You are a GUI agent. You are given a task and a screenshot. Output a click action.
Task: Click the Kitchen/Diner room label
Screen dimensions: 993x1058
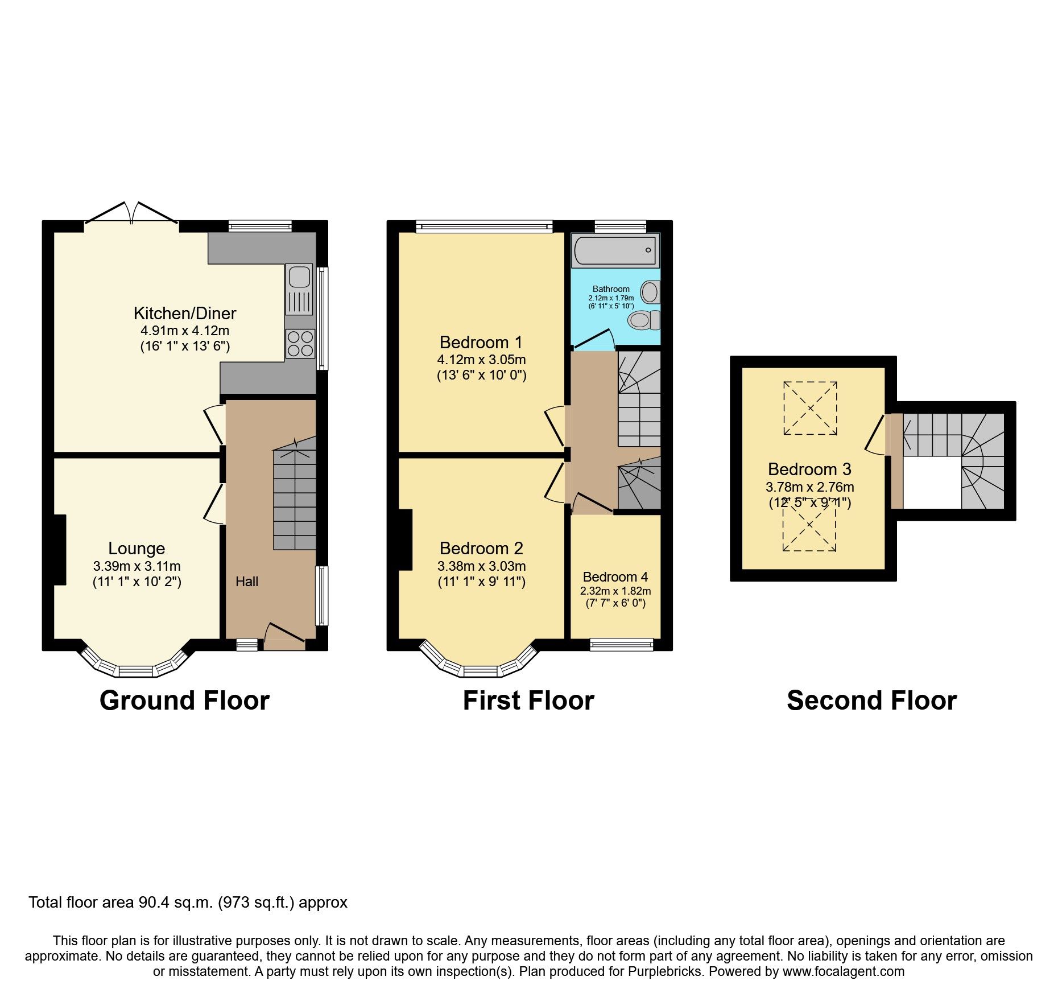click(185, 313)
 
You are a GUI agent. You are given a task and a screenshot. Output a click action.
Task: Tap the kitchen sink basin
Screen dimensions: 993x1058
click(299, 277)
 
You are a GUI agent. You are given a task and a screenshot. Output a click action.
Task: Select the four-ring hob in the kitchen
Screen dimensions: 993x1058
click(300, 344)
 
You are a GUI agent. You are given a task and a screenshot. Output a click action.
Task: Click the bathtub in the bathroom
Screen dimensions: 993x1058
click(615, 250)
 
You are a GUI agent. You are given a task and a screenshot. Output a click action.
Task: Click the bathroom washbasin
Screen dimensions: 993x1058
click(650, 292)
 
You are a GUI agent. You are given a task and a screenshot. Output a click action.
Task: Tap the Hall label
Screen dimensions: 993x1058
click(247, 581)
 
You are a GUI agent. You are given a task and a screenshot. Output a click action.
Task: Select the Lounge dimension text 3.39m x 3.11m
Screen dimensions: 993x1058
click(137, 566)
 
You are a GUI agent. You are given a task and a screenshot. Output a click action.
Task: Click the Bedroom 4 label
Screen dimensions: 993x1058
click(615, 576)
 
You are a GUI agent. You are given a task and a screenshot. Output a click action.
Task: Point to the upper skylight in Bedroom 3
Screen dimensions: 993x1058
click(810, 408)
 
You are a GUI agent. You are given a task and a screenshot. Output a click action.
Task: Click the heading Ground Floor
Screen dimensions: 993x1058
click(184, 700)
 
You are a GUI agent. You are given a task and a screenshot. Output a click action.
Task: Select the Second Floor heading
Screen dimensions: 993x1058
click(871, 700)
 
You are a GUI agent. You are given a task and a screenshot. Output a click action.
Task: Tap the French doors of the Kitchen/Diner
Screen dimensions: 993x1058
click(131, 215)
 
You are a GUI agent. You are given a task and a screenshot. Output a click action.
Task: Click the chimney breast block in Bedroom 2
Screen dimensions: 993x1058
click(405, 539)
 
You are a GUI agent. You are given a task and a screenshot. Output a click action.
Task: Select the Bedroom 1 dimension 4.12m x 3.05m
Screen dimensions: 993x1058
click(481, 360)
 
